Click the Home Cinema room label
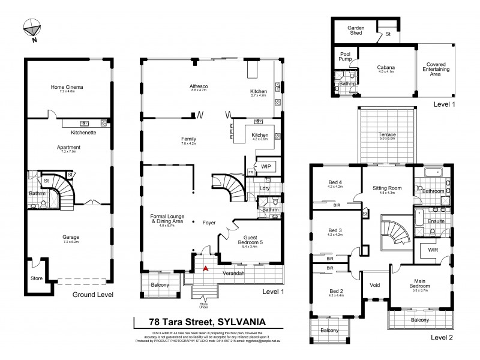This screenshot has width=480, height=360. pos(67,88)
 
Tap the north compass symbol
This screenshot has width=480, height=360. pos(31,28)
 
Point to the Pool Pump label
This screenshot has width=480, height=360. pos(345,56)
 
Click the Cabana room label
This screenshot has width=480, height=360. pos(385,68)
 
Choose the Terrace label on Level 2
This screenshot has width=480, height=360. pos(387,135)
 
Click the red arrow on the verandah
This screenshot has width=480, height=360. pos(206,268)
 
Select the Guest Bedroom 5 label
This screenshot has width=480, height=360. pos(250,239)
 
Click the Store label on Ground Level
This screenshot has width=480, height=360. pos(37,278)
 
